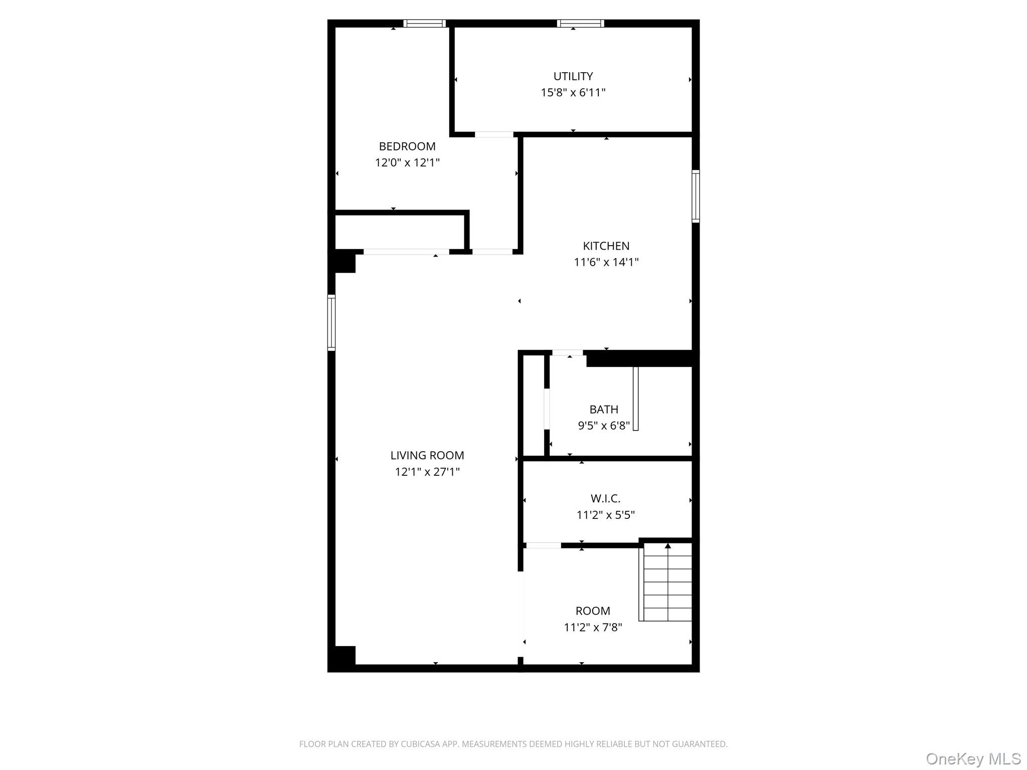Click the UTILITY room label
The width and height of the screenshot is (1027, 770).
[x=573, y=76]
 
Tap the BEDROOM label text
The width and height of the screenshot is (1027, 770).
[x=407, y=146]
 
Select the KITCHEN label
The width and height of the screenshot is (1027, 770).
[x=606, y=246]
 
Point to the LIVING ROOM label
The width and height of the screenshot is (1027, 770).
[x=427, y=455]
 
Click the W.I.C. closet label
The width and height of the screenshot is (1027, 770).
[x=606, y=498]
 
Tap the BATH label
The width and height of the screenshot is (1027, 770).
[x=604, y=409]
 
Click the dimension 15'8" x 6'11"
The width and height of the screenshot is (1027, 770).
[x=573, y=93]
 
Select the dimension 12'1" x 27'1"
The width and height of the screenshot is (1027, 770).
[x=427, y=472]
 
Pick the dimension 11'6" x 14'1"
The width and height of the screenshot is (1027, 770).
[x=606, y=262]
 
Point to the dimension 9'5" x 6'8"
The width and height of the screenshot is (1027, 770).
[x=604, y=426]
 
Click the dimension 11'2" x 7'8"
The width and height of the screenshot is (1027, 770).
[x=593, y=627]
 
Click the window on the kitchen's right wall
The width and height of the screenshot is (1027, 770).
[x=696, y=196]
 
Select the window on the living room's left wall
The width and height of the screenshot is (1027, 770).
[x=331, y=322]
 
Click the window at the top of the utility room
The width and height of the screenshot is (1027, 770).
[x=580, y=23]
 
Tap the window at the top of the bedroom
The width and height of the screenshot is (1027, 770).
[x=424, y=23]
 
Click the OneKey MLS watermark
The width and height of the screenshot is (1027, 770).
[x=973, y=758]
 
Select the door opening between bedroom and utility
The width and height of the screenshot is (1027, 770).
[x=494, y=134]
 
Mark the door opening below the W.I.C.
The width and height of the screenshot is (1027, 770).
[x=543, y=545]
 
